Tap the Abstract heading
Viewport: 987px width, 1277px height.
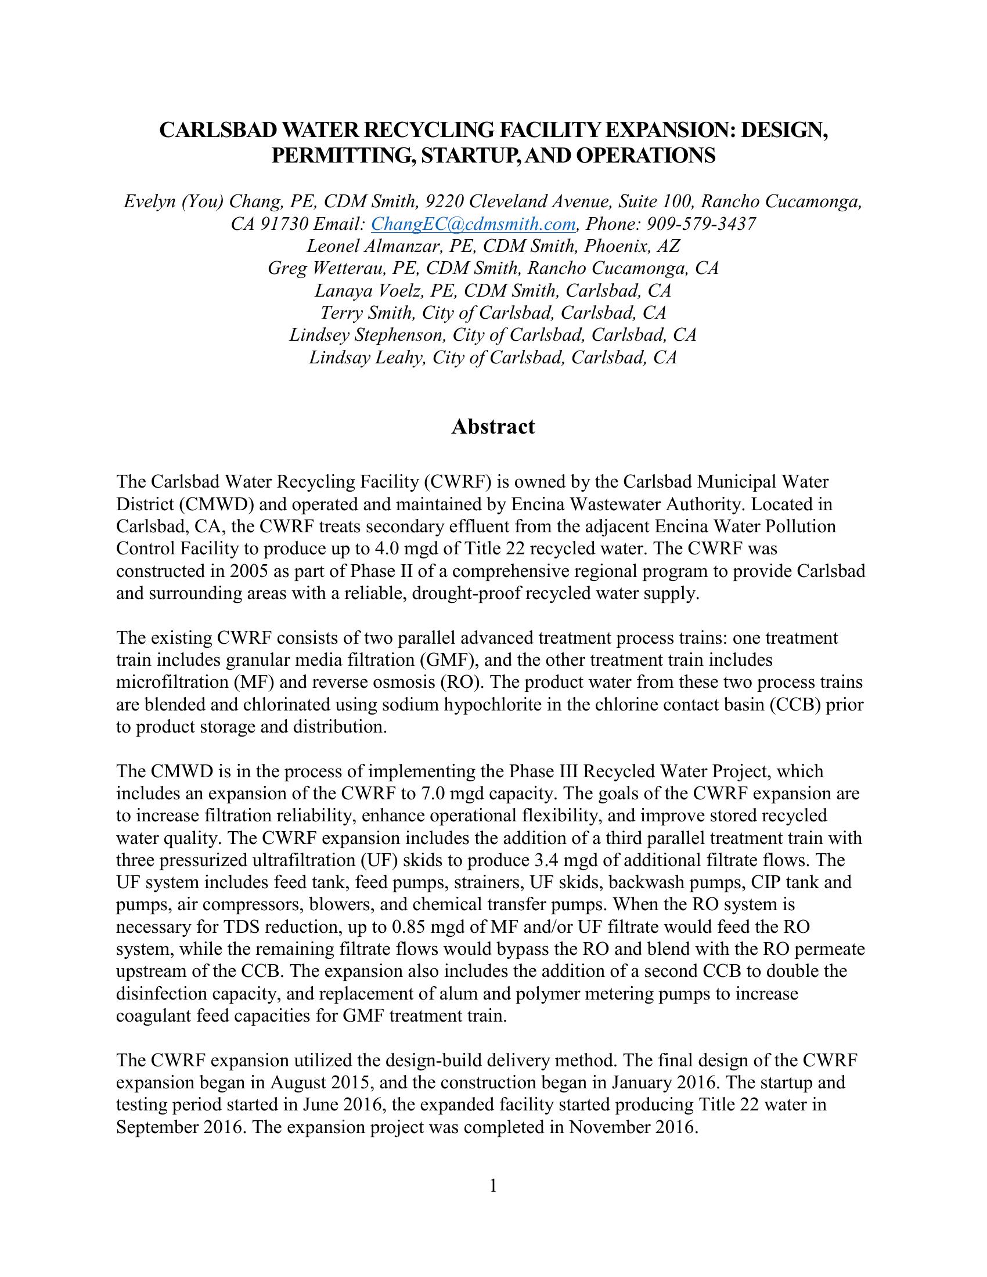tap(493, 426)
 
